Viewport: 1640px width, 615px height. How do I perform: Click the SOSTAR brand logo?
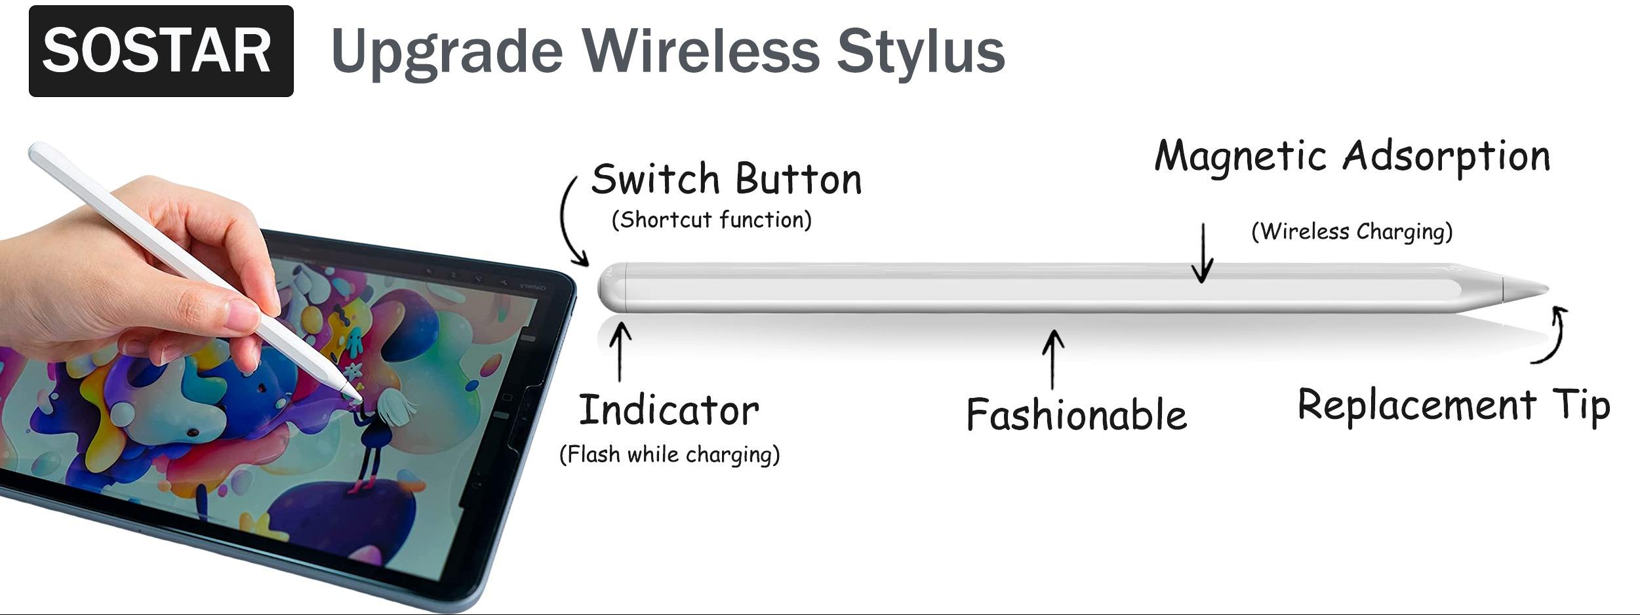(161, 51)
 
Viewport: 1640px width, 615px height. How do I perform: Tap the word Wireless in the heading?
(701, 51)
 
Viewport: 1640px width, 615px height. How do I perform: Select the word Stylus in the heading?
(921, 52)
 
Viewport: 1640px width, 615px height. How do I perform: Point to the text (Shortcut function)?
(711, 220)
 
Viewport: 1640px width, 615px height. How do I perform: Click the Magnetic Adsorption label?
(1352, 156)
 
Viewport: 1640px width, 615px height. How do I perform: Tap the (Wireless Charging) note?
(1352, 231)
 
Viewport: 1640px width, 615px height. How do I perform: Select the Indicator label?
(669, 410)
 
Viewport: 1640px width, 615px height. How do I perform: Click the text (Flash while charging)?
(670, 454)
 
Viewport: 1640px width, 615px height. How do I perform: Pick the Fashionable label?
(1077, 414)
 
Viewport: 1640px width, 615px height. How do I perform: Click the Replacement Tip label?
(1454, 405)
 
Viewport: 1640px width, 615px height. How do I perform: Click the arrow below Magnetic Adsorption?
(1202, 253)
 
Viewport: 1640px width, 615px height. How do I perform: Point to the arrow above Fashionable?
(1052, 359)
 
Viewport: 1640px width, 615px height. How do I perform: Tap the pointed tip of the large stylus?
(1548, 289)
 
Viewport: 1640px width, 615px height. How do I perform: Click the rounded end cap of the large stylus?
(611, 288)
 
